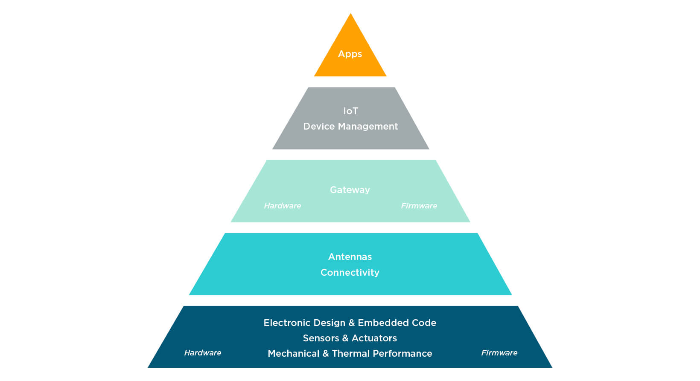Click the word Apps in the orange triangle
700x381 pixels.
[350, 54]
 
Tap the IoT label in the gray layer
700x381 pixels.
[350, 111]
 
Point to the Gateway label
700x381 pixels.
[350, 190]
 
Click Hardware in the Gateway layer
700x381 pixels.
[283, 206]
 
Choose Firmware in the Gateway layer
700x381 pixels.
[419, 206]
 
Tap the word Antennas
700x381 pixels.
[350, 257]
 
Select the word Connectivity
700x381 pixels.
[350, 273]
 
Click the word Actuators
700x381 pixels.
[374, 338]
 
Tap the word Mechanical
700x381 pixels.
[294, 354]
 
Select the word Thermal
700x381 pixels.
[351, 354]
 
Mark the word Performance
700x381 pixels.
[402, 354]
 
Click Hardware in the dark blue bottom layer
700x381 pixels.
[203, 353]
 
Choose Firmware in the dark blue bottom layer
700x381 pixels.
[499, 353]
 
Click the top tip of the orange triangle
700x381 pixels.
[350, 15]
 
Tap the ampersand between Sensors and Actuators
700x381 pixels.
[345, 338]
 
